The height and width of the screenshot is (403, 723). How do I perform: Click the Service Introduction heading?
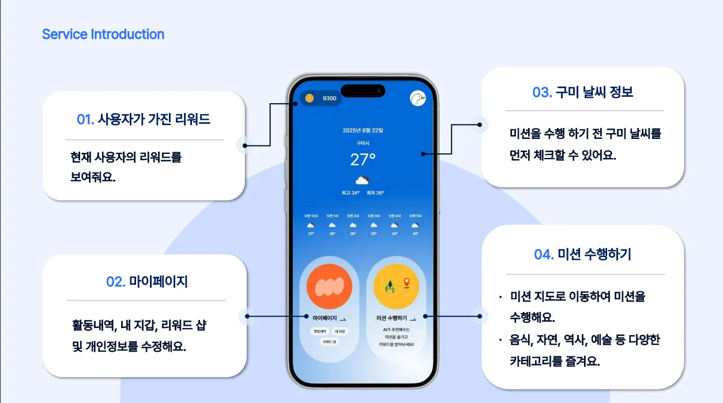[x=103, y=35]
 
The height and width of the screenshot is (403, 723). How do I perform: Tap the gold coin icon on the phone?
[x=310, y=98]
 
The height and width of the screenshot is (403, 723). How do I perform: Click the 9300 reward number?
[x=329, y=99]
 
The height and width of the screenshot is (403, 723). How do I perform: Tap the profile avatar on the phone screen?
[x=417, y=99]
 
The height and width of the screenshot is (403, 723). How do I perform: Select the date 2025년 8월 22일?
[x=363, y=130]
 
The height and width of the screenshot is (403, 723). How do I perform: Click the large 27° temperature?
[x=363, y=159]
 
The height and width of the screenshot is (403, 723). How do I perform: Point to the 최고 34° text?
[x=351, y=193]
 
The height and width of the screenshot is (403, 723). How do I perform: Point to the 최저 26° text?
[x=375, y=193]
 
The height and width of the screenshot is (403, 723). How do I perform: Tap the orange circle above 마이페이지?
[x=329, y=286]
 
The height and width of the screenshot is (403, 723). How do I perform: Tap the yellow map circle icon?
[x=396, y=286]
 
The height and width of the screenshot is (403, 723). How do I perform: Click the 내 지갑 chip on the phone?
[x=340, y=332]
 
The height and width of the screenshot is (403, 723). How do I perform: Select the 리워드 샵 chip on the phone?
[x=329, y=341]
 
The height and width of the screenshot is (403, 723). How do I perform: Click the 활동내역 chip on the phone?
[x=319, y=332]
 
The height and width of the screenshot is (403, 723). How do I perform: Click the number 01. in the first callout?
[x=85, y=120]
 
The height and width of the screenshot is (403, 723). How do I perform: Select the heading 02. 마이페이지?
[x=147, y=282]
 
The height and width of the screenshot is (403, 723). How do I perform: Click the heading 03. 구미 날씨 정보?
[x=582, y=92]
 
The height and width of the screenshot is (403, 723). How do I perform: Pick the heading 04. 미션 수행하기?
[x=582, y=254]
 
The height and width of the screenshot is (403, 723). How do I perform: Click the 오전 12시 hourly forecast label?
[x=311, y=216]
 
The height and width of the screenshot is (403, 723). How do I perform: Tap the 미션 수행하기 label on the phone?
[x=391, y=318]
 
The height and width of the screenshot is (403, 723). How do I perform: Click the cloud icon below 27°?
[x=363, y=180]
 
